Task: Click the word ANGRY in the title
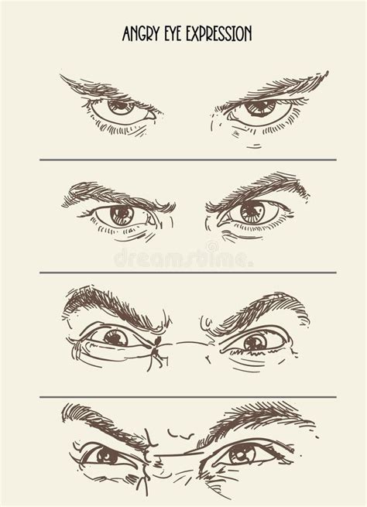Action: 142,33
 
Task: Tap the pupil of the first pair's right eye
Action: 259,105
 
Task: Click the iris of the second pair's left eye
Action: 122,215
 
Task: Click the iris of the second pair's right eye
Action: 252,212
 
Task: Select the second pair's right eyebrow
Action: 259,190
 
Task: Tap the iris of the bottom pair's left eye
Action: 106,456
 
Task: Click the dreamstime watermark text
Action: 183,258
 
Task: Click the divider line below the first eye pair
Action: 188,159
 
